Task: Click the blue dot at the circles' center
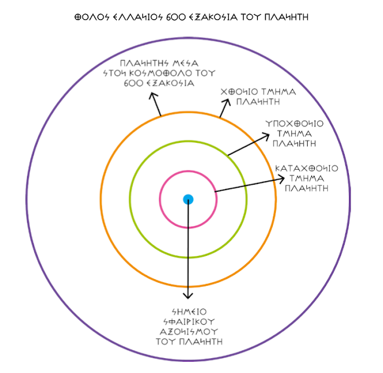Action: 188,199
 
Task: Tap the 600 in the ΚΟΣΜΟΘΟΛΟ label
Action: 130,82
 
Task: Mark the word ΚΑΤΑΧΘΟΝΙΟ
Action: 306,169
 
